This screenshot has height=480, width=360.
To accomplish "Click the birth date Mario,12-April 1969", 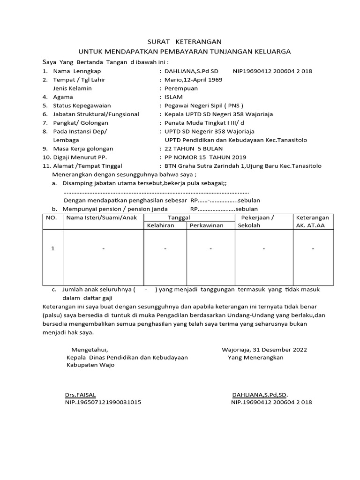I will [x=193, y=80].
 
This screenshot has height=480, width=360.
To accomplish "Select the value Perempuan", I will [x=181, y=88].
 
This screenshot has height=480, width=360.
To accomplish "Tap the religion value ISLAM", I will [x=174, y=97].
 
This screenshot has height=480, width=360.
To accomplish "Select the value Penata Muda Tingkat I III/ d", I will [x=204, y=123].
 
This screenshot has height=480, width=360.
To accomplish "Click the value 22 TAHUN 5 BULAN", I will [x=191, y=149].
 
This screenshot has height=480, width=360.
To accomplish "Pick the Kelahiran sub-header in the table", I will [x=161, y=225].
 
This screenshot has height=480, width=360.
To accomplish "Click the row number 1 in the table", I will [x=53, y=248].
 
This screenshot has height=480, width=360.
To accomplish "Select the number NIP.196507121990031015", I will [x=103, y=402].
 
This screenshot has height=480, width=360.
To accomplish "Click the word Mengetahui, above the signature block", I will [x=89, y=349].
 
